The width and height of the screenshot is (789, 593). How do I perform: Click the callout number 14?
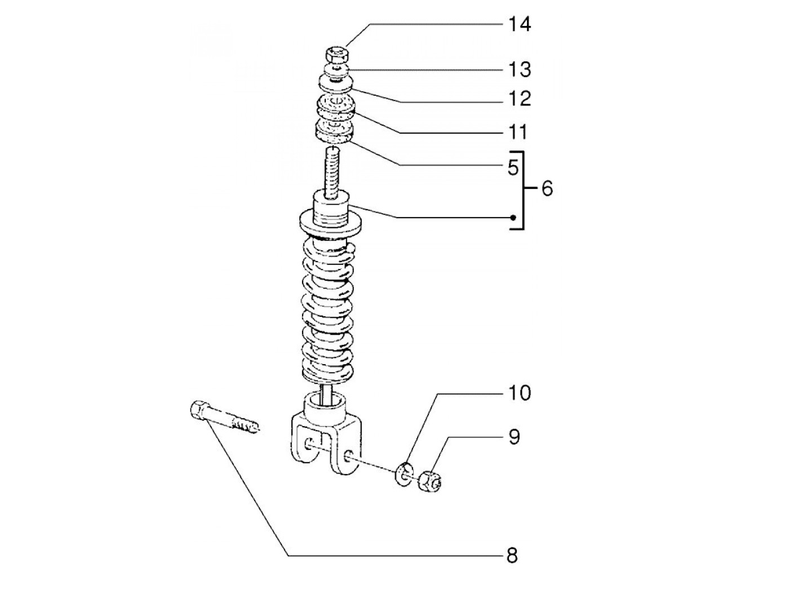519,25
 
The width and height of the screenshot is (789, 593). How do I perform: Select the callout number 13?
519,70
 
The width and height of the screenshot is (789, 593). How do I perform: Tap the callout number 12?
519,99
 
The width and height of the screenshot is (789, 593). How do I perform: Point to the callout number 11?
518,132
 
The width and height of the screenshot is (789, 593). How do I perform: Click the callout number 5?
512,167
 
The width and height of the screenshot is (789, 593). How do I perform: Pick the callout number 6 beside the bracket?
547,189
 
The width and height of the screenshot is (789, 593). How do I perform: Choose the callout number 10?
519,393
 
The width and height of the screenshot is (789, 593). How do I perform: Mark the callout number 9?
513,437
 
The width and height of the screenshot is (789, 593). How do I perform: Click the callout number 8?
512,556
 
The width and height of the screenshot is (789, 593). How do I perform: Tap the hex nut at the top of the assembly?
337,55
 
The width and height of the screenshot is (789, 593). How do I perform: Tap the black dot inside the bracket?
513,218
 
